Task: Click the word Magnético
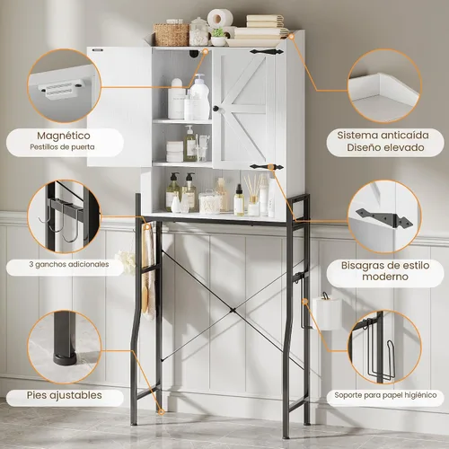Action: pos(64,136)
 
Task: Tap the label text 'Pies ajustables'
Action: pos(65,395)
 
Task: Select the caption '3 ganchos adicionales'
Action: pos(69,264)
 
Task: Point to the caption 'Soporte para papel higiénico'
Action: pos(385,395)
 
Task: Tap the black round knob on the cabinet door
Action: pos(216,109)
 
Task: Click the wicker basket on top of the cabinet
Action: pos(172,35)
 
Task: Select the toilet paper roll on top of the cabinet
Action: pos(220,18)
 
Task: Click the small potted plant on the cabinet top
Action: pos(218,37)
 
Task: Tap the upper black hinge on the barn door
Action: pos(267,52)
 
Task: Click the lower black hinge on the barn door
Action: pos(267,167)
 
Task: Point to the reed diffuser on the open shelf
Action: pos(253,196)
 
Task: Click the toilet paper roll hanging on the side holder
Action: pos(327,313)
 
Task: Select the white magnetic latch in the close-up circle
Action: pos(60,90)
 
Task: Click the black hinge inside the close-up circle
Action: pos(384,217)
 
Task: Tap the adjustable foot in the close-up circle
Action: pos(65,339)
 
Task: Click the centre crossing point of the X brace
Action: pos(233,311)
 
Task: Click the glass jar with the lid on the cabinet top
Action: pos(198,31)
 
